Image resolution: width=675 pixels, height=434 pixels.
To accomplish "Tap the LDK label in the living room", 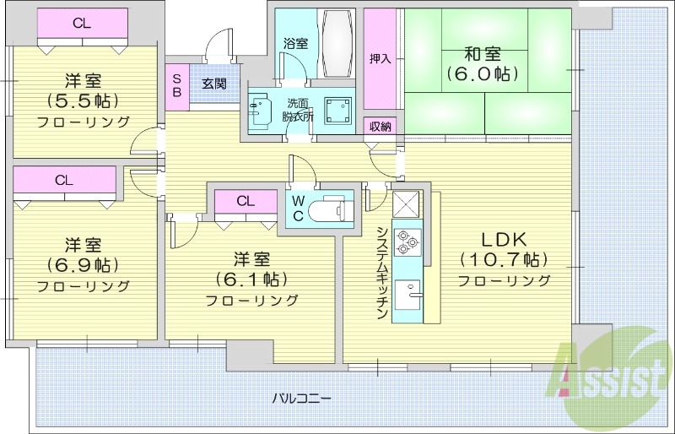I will click(504, 241).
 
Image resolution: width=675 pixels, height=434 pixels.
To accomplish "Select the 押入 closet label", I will click(380, 59).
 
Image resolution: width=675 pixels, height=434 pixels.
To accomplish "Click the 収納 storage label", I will click(381, 127).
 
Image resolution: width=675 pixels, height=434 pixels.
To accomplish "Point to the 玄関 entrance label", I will click(213, 84).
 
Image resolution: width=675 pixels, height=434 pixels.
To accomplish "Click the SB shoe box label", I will click(177, 84).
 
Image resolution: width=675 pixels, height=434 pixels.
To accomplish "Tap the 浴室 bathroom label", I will click(295, 42).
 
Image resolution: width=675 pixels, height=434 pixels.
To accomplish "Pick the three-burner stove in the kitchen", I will click(407, 242).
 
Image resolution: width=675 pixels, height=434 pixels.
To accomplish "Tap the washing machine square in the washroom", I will click(343, 110).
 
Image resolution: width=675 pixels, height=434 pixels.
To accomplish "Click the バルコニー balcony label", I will click(301, 397).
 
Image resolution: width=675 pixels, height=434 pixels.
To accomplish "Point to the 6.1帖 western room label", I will click(252, 279).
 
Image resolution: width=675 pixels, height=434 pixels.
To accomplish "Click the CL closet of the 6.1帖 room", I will click(246, 201).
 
